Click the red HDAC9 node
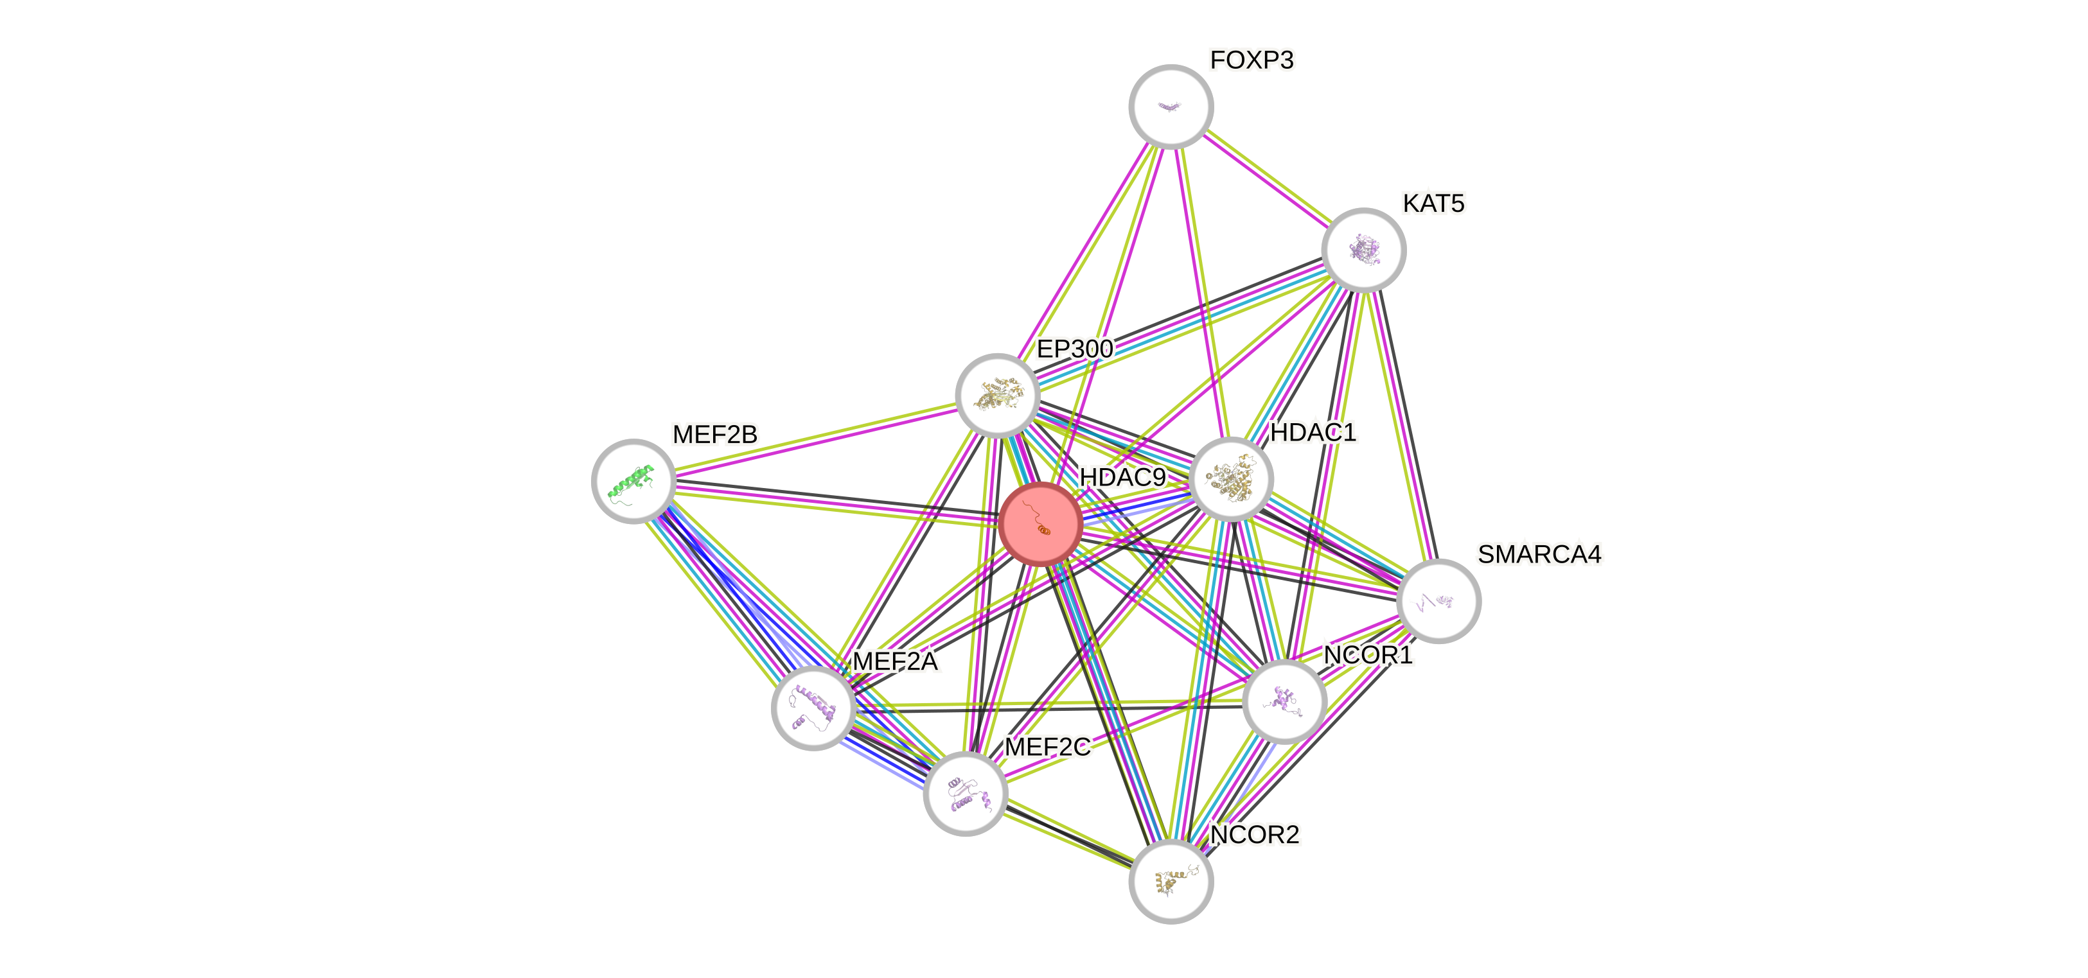pos(1041,524)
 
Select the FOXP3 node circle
pos(1171,106)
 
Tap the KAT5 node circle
pos(1363,250)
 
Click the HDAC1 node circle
pos(1231,479)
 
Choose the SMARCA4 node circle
pos(1438,600)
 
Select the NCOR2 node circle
pos(1171,881)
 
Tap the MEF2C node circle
pos(964,792)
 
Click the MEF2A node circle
pos(813,708)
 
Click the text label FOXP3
pos(1252,60)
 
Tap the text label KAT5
pos(1433,204)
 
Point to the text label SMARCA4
pos(1539,554)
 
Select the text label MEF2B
pos(715,434)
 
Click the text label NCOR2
pos(1255,834)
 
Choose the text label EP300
pos(1074,349)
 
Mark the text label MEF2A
pos(895,661)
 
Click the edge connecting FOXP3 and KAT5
pos(1267,177)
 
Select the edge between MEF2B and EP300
pos(815,439)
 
